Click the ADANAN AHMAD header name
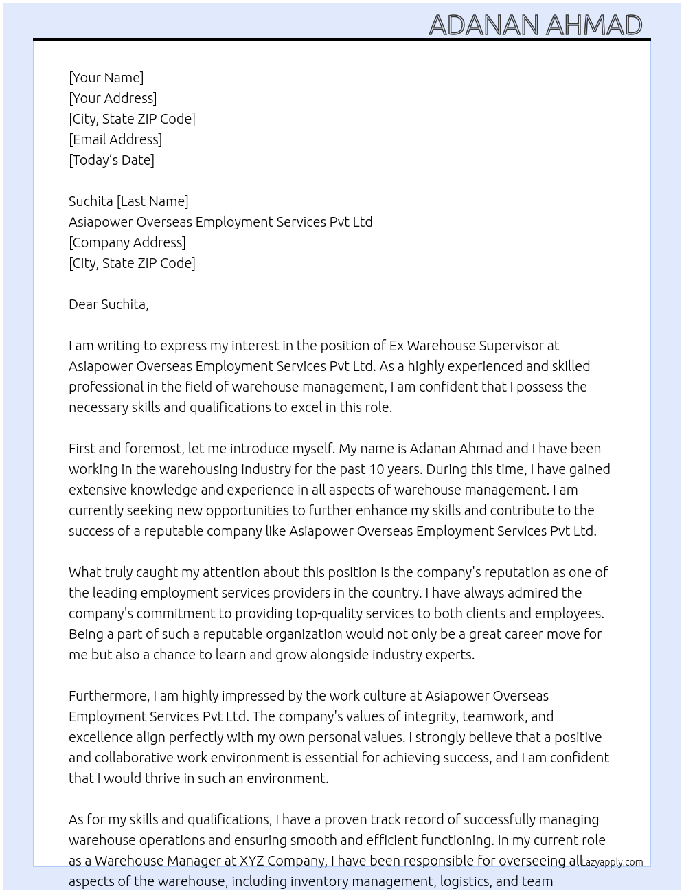(535, 25)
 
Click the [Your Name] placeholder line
(106, 78)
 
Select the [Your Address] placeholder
(113, 98)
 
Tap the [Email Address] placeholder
(115, 139)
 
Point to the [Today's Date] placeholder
(111, 160)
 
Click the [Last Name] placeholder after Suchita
(152, 201)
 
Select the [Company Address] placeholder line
(127, 242)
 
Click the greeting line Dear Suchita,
(109, 304)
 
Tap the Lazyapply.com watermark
(612, 862)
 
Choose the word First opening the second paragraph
(82, 449)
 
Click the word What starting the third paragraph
(85, 572)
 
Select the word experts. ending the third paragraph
(449, 655)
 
